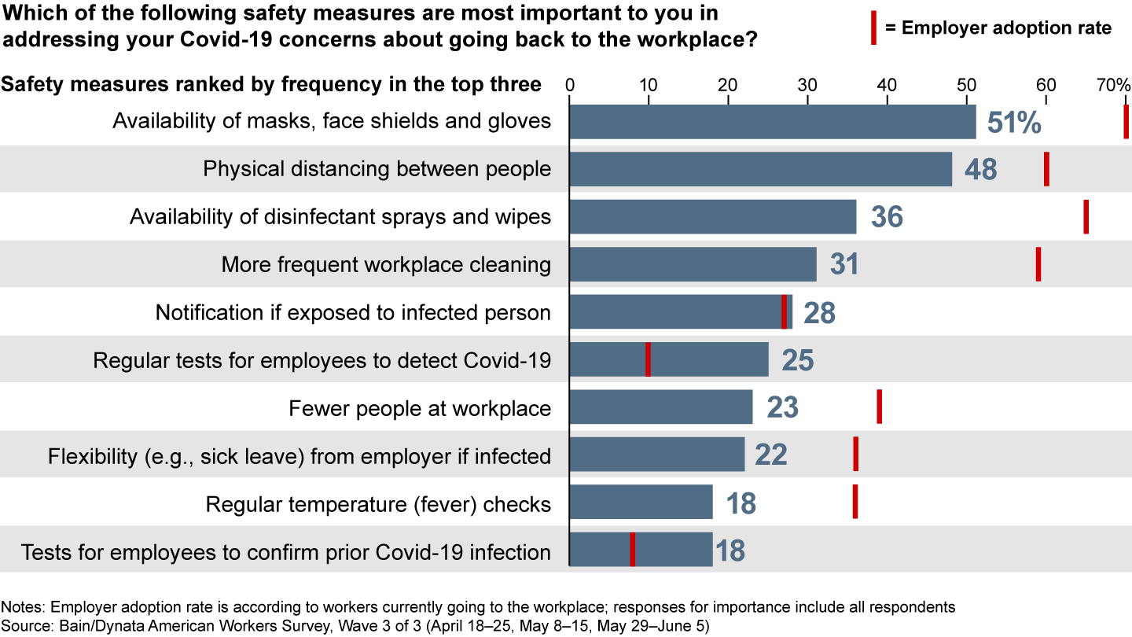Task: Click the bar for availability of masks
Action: click(x=772, y=122)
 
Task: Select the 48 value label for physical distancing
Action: click(x=980, y=169)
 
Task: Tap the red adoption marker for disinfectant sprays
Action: click(x=1086, y=217)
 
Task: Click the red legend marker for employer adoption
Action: click(x=873, y=28)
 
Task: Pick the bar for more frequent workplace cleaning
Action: click(x=693, y=264)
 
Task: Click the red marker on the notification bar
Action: click(x=784, y=312)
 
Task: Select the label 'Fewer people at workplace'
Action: click(x=420, y=408)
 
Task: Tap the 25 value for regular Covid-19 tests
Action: click(x=797, y=360)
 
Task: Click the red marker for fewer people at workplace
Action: click(x=879, y=407)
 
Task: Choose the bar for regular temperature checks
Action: click(x=641, y=503)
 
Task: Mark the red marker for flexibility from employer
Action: click(x=855, y=455)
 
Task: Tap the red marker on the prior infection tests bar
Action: click(x=633, y=550)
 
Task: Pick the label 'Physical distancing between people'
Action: click(x=377, y=169)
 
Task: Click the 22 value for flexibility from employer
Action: click(x=770, y=455)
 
